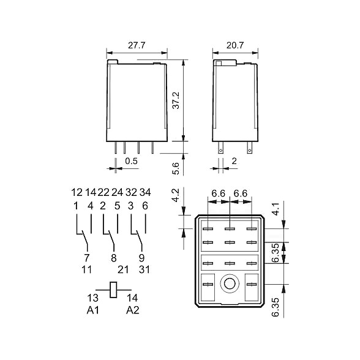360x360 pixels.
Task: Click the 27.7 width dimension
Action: click(137, 45)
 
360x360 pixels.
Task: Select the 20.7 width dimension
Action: click(235, 45)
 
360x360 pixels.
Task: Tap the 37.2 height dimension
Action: click(176, 100)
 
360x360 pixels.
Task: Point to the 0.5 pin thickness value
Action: click(131, 161)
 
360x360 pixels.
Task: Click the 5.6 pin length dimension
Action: click(176, 168)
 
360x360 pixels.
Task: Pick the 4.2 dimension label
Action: click(176, 196)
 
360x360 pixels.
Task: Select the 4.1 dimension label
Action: click(276, 209)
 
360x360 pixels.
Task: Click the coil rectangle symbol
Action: click(113, 290)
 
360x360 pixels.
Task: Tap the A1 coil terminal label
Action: click(93, 310)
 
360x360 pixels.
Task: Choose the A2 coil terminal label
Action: click(133, 310)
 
